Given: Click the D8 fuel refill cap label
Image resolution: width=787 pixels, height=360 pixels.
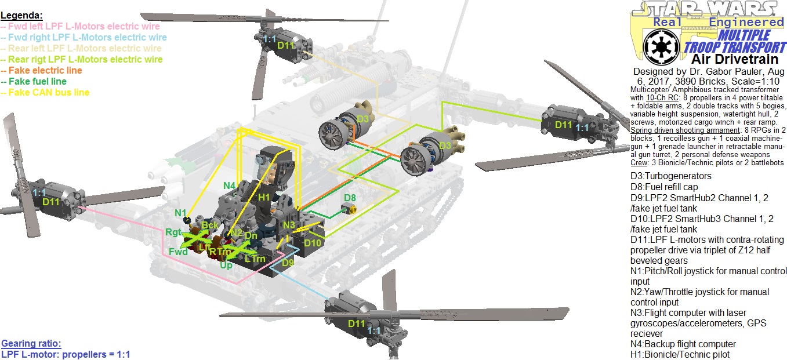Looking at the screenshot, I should [x=350, y=198].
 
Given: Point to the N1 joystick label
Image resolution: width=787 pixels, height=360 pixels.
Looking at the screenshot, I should [x=180, y=213].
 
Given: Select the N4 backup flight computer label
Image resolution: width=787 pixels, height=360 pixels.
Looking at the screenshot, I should [x=229, y=186].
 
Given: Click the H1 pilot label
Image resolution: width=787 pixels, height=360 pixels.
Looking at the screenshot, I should [x=264, y=197].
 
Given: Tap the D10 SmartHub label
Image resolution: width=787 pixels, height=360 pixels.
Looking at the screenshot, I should [x=313, y=242].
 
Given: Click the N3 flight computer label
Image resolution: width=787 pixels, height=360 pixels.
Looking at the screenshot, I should [x=289, y=224].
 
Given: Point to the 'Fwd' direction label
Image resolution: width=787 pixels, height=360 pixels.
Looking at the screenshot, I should [x=178, y=252].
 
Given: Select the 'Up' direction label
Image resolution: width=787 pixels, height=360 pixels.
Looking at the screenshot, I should [x=226, y=265].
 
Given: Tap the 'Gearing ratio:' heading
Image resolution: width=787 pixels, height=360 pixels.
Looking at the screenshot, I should [x=31, y=343].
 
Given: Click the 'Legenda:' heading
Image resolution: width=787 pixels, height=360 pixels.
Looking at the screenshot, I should [x=21, y=15].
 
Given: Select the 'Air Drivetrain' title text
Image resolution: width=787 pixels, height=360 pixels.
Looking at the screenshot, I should [x=728, y=59].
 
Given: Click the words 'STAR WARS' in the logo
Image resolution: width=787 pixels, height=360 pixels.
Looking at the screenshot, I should [x=706, y=9].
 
